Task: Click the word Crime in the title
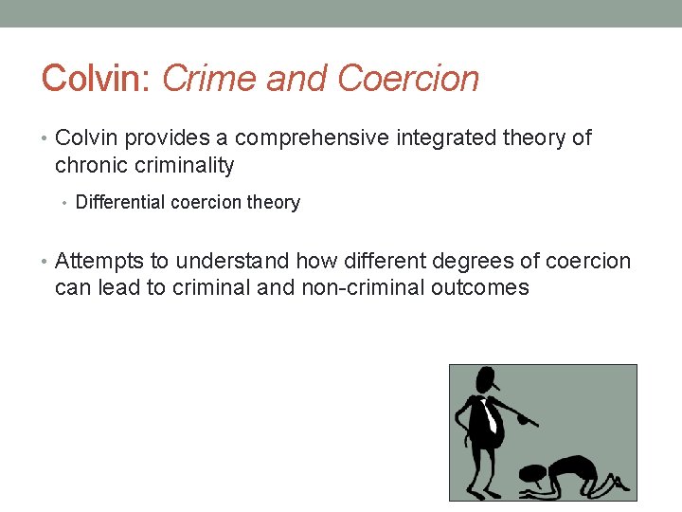click(210, 79)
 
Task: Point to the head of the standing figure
click(486, 380)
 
